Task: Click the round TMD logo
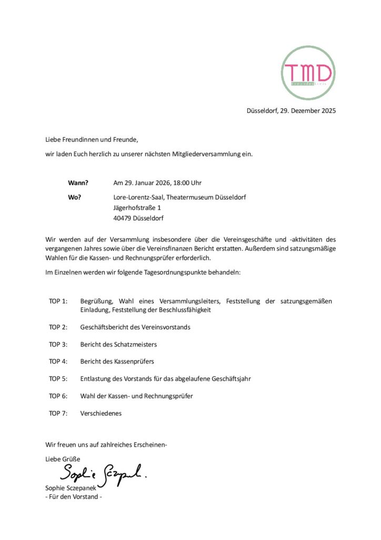coord(308,73)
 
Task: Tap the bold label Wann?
coord(78,183)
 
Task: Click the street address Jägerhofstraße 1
coord(137,208)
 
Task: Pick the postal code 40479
coord(123,218)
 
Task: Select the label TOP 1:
coord(58,301)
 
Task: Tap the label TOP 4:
coord(58,362)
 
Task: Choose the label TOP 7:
coord(58,413)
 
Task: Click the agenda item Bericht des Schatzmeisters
coord(118,344)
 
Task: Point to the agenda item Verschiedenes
coord(101,413)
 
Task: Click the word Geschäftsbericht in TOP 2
coord(107,327)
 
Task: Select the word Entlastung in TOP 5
coord(96,379)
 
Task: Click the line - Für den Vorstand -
coord(73,497)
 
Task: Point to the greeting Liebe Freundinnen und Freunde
coord(92,140)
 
